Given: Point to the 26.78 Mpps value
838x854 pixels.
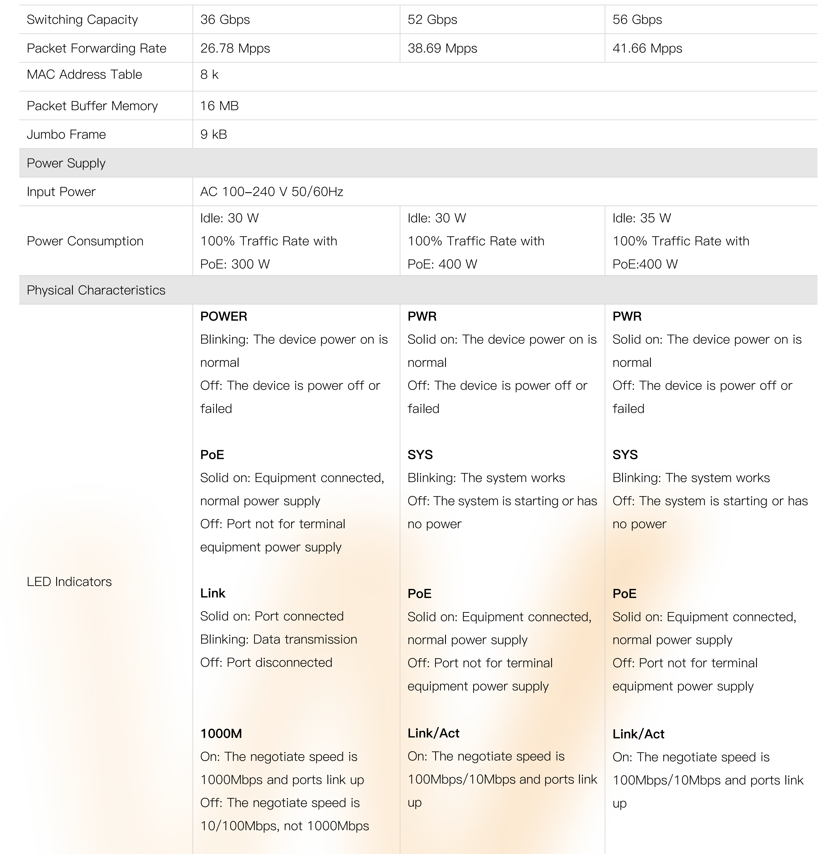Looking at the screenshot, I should [x=235, y=48].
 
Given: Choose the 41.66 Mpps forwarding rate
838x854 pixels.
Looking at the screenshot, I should [x=647, y=48].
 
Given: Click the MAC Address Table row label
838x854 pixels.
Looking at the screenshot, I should [x=84, y=74].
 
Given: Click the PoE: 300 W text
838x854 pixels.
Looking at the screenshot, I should [x=235, y=264].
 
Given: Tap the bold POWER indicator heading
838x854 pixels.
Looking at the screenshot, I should [x=223, y=316].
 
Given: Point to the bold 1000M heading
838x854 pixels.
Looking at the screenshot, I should [x=221, y=733].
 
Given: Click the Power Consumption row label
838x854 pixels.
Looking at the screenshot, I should [x=85, y=241].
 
